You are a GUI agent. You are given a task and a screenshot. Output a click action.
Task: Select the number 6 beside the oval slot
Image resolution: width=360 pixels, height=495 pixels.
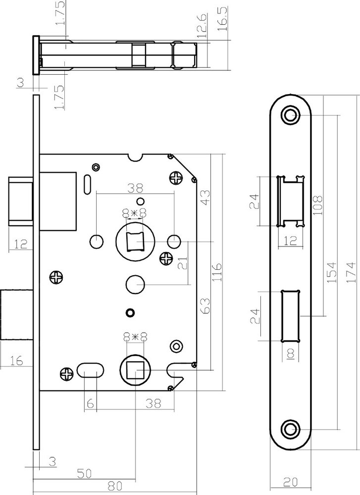click(90, 404)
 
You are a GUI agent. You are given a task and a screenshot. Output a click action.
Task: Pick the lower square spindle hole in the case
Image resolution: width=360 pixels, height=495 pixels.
click(134, 369)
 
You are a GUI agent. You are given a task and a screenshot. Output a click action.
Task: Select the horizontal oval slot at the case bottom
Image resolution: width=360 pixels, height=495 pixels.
click(90, 371)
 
